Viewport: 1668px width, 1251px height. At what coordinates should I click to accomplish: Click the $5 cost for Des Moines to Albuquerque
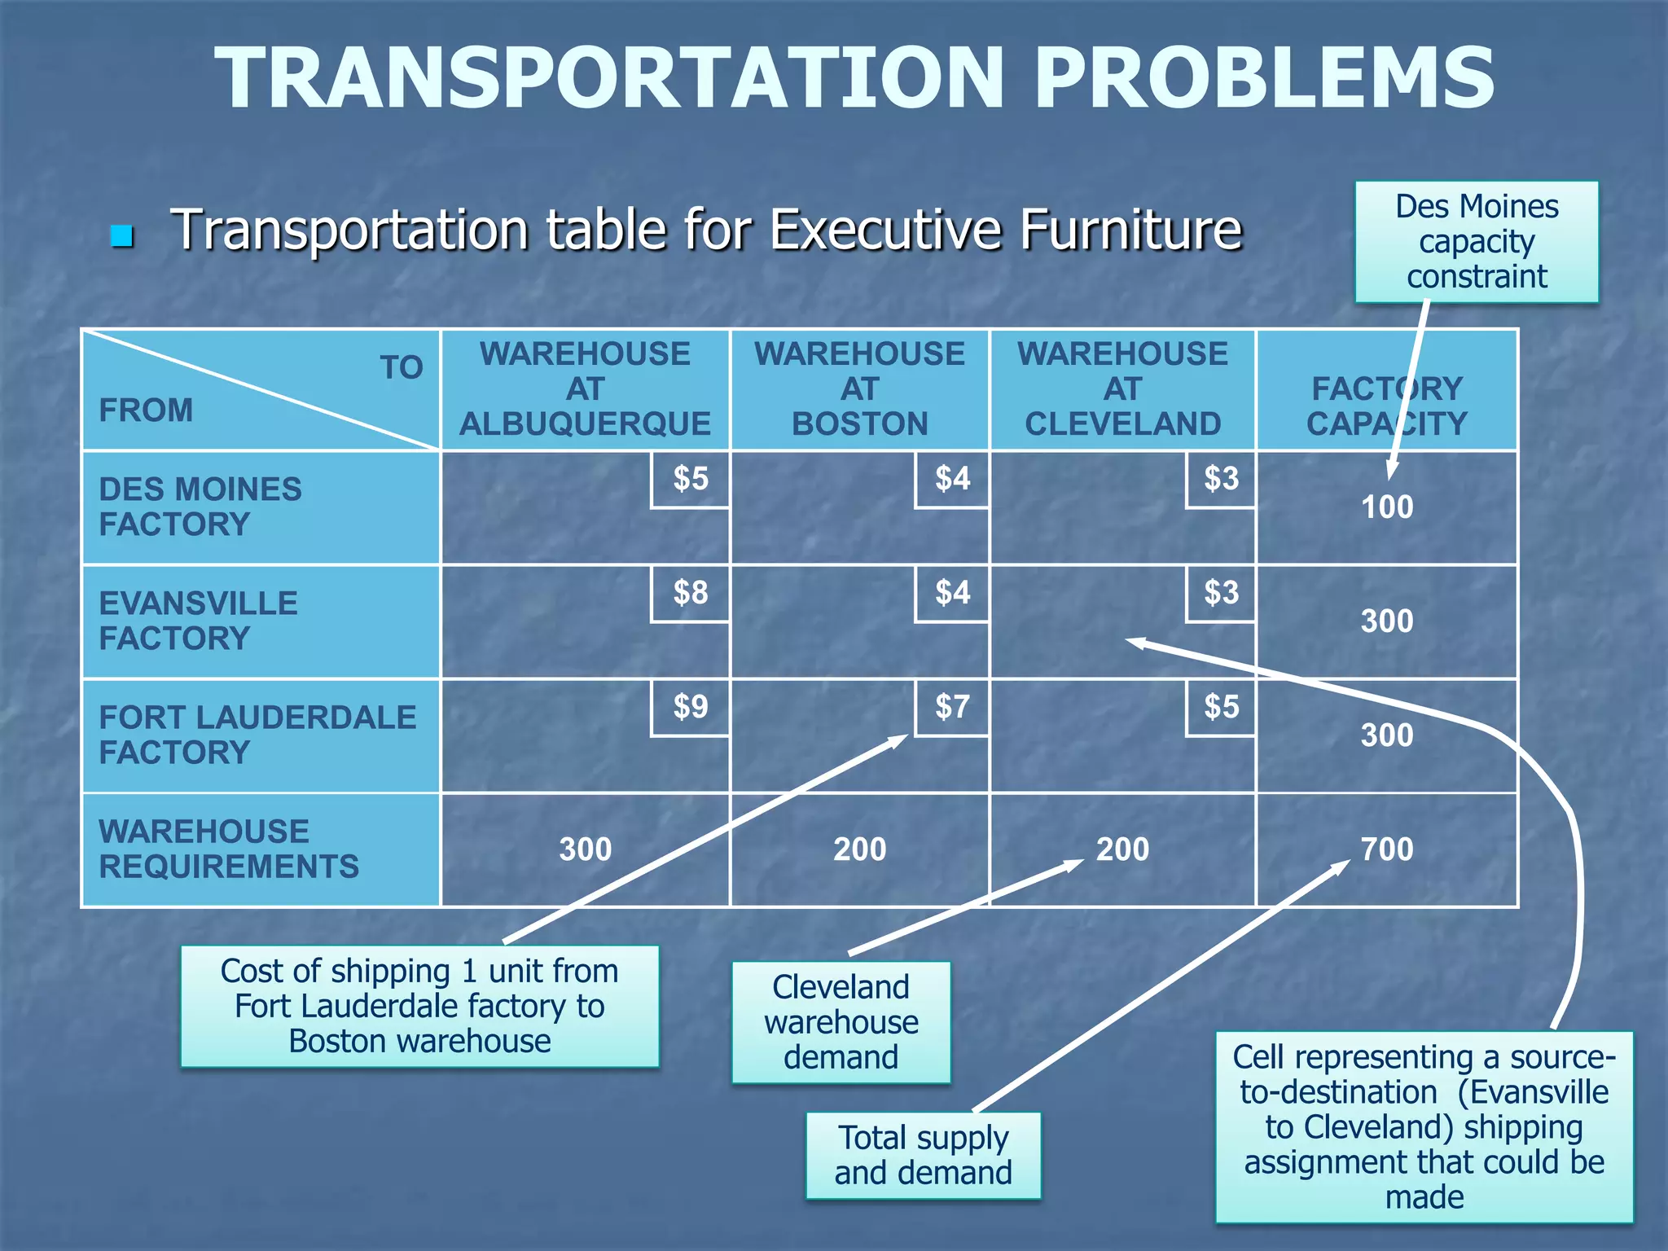690,479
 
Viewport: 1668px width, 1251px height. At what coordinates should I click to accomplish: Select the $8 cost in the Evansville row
690,593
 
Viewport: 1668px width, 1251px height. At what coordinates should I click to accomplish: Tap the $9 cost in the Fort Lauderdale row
690,707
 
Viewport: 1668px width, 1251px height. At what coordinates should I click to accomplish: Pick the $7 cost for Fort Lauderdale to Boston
952,707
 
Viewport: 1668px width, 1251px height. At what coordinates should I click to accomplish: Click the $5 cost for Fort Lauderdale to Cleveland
1221,707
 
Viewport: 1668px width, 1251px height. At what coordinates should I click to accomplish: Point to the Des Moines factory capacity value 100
1387,507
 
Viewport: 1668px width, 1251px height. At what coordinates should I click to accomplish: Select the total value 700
1387,849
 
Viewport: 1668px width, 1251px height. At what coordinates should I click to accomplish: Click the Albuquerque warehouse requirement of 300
585,849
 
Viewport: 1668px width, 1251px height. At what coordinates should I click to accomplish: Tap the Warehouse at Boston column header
859,389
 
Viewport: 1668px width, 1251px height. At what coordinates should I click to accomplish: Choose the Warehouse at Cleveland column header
1122,389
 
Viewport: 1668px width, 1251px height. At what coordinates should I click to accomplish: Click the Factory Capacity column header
1387,406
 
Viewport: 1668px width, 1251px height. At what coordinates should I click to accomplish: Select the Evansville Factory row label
199,621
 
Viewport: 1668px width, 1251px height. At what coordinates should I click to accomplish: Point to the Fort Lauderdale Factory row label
257,735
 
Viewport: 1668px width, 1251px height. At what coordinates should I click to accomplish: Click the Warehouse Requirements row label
228,849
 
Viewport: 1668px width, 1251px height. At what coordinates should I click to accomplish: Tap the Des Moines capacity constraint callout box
1476,242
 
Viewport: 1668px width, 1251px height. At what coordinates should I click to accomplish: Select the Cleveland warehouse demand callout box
841,1022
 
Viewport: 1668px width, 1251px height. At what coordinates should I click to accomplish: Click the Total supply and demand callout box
923,1155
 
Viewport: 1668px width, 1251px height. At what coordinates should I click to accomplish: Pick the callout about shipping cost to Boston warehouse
419,1006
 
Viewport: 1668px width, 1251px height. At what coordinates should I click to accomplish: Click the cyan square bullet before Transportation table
122,236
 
